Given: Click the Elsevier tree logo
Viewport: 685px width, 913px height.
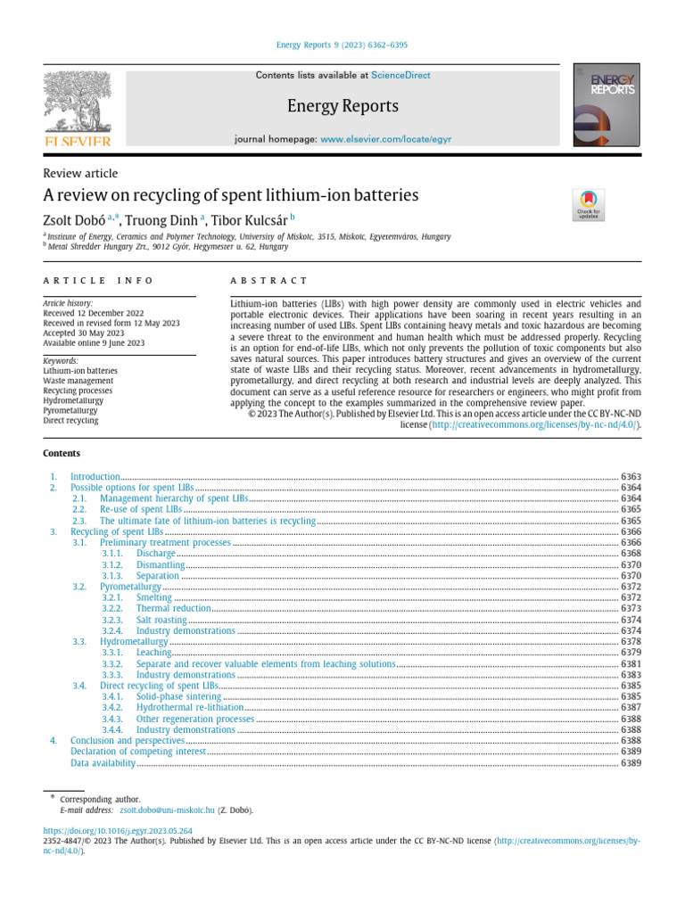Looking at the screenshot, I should tap(78, 107).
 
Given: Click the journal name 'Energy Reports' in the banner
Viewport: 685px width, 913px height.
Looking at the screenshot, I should tap(342, 107).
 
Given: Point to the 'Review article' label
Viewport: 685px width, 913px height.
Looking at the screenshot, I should tap(80, 173).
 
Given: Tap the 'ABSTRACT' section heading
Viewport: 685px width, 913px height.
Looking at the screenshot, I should tap(268, 281).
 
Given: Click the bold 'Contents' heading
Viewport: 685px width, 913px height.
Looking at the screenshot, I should tap(62, 453).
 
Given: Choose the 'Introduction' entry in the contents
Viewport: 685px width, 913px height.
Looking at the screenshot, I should tap(95, 477).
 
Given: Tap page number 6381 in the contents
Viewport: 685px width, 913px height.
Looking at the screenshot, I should tap(631, 664).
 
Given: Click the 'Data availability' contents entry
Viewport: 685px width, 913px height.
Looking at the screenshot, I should tap(103, 763).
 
